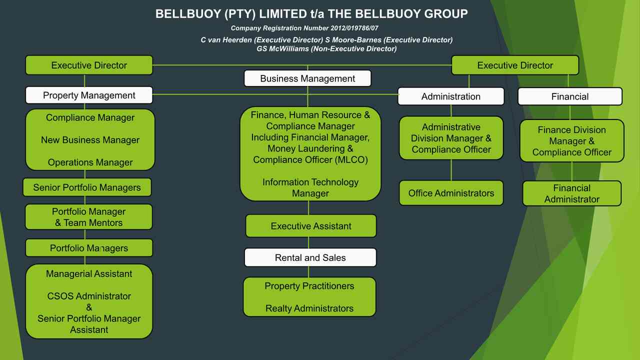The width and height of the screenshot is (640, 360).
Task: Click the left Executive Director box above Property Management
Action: coord(89,65)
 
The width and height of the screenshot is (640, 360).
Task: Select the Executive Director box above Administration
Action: coord(515,65)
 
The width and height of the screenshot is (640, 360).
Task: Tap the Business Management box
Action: coord(307,78)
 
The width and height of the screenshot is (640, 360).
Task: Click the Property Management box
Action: coord(89,95)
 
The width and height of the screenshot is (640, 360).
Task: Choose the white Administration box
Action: coord(451,96)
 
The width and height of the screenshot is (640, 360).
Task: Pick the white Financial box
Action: coord(570,96)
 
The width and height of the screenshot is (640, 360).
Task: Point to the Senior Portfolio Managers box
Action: coord(87,187)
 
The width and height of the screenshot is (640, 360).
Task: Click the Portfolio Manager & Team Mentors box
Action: coord(89,217)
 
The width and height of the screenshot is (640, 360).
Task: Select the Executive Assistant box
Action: coord(311,226)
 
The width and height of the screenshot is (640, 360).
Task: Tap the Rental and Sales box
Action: coord(310,257)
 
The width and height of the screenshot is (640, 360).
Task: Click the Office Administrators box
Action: coord(451,193)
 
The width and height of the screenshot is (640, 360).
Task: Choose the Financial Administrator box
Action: coord(571,193)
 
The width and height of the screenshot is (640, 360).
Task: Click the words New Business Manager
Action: coord(90,140)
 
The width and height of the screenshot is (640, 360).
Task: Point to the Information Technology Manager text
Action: coord(310,187)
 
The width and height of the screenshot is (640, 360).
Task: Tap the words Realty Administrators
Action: coord(309,308)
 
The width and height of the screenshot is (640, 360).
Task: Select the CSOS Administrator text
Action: coord(89,296)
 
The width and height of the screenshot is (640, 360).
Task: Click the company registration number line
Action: coord(304,28)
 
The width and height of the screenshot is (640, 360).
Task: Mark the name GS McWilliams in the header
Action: coord(283,49)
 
